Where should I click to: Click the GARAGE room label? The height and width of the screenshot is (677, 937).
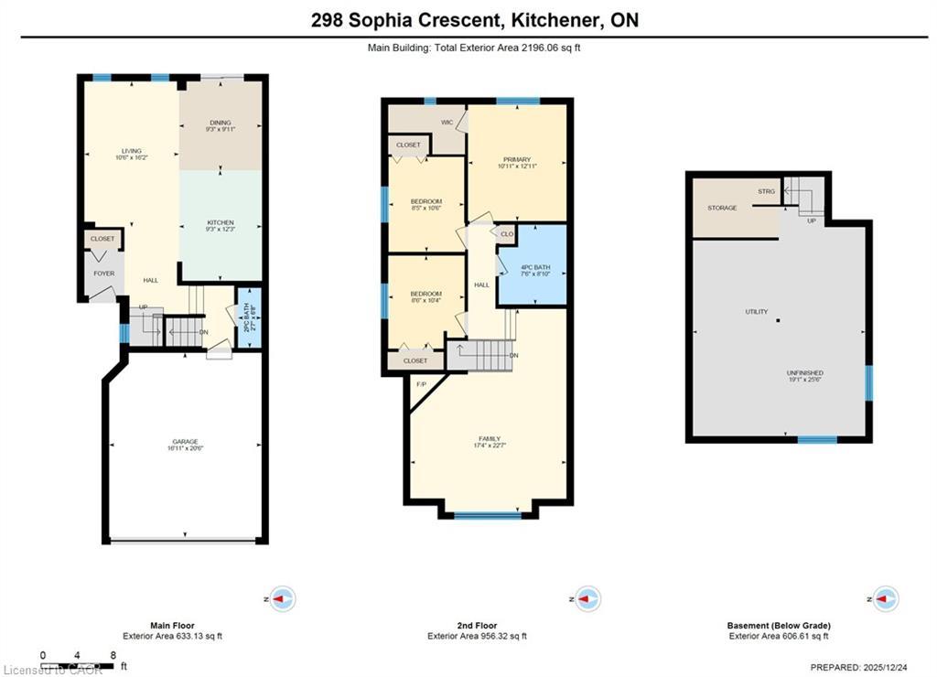(x=183, y=441)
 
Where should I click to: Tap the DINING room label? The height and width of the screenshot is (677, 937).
(x=220, y=123)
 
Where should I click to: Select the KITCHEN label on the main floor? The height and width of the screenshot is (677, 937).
(x=220, y=222)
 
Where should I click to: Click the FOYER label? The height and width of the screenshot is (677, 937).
(x=103, y=273)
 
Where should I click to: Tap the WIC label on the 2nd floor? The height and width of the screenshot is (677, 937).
(x=447, y=122)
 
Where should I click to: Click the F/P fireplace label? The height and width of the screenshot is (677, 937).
(x=422, y=384)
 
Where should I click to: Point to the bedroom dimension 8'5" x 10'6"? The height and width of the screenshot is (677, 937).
(x=426, y=209)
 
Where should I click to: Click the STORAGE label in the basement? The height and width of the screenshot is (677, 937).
(x=722, y=208)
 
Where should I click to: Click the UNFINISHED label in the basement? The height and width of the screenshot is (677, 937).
(x=804, y=373)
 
